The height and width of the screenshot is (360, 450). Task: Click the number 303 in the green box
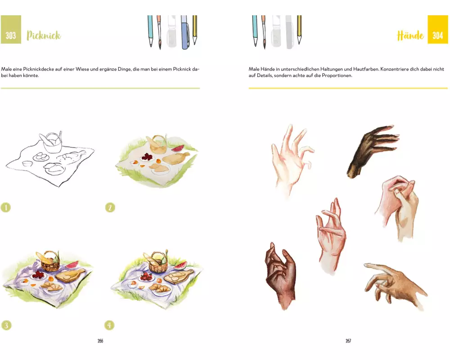[11, 35]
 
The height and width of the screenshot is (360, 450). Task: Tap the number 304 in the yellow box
[438, 35]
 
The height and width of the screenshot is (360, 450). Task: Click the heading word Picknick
[44, 35]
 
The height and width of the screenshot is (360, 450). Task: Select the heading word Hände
[410, 35]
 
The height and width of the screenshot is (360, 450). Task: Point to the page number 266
[100, 341]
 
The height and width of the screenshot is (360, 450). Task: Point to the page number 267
[348, 341]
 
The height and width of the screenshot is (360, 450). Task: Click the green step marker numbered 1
[6, 207]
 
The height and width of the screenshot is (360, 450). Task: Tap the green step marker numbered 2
[110, 207]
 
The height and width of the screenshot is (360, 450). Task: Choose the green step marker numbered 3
[6, 325]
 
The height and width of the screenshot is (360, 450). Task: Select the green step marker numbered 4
[109, 325]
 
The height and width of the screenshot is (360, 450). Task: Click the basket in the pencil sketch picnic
[52, 143]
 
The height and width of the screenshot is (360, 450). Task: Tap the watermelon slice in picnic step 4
[180, 265]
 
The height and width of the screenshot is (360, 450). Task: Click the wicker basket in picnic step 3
[50, 262]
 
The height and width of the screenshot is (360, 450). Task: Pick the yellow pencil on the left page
[195, 30]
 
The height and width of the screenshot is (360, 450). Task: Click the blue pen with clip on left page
[184, 32]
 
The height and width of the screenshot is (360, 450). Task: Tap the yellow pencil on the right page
[299, 30]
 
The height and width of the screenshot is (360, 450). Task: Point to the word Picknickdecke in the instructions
[38, 69]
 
